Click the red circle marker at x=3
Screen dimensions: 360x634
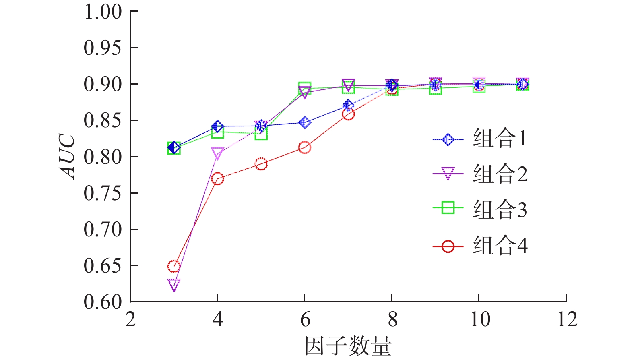[x=174, y=266]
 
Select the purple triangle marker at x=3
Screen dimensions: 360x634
[x=174, y=285]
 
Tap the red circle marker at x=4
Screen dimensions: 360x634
[x=217, y=178]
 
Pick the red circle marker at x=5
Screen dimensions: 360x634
[x=261, y=164]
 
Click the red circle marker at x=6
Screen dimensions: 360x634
[x=305, y=147]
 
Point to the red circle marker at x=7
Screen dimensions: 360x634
[x=348, y=114]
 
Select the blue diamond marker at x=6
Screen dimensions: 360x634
[x=305, y=122]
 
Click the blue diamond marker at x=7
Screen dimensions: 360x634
[x=348, y=106]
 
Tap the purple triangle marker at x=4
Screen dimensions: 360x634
[x=217, y=153]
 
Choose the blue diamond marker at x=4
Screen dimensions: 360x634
[x=217, y=126]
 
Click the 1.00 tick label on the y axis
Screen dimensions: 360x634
[x=103, y=12]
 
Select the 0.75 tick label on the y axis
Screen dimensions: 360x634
[x=103, y=193]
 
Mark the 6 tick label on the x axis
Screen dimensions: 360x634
[x=305, y=320]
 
